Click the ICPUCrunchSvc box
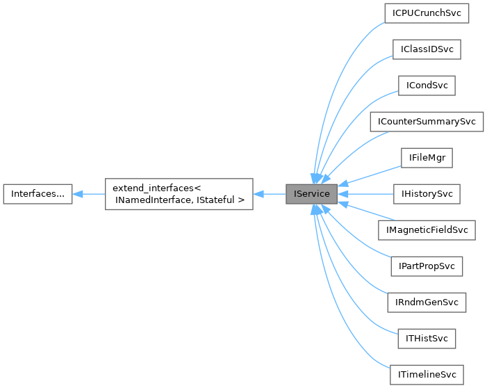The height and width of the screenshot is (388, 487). (427, 13)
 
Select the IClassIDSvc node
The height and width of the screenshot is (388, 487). (427, 49)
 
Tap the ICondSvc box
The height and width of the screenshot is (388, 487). (427, 86)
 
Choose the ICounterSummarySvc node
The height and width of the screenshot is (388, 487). (427, 122)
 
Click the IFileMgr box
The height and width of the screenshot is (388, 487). (427, 158)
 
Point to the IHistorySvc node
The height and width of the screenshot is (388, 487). (427, 194)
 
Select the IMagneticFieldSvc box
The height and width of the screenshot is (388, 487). (427, 230)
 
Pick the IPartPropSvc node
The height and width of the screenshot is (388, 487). (427, 266)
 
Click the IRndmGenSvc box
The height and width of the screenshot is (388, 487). (427, 302)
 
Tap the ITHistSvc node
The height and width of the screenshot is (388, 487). (427, 339)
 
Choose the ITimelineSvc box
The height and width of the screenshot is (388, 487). (427, 375)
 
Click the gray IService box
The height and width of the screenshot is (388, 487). (312, 194)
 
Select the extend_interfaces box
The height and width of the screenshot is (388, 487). (179, 194)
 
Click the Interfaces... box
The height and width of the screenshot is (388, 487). (38, 194)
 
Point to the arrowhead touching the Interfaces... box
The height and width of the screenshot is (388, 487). (78, 194)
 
